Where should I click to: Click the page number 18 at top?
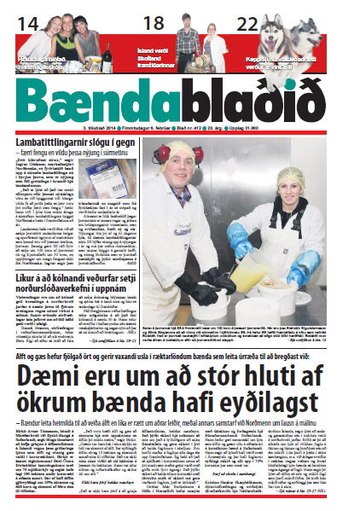[156, 21]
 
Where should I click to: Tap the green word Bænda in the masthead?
[99, 95]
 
